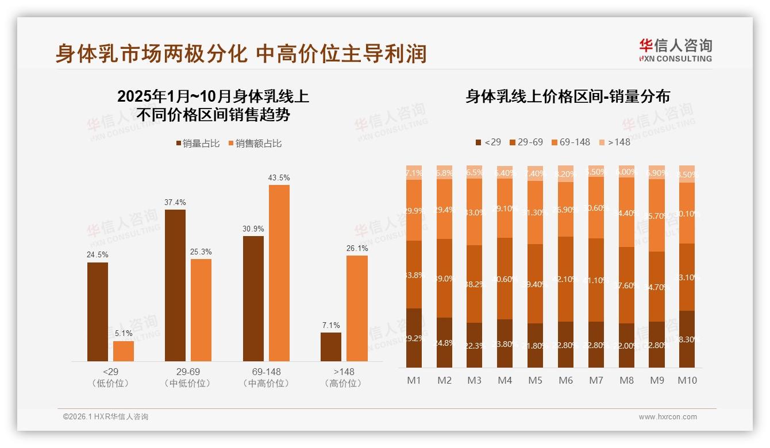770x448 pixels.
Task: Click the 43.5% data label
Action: (279, 178)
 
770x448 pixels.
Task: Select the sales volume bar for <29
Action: (98, 311)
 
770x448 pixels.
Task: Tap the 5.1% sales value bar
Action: (124, 351)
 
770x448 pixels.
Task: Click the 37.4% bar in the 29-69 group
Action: (175, 285)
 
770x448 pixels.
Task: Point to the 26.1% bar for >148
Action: (357, 308)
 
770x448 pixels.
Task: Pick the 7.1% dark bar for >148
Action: (331, 347)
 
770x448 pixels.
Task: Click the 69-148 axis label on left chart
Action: (266, 372)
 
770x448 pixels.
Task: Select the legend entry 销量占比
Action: (198, 144)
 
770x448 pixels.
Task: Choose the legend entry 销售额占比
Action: (255, 144)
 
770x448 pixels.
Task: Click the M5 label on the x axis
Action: (535, 380)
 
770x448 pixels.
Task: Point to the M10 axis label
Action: (687, 380)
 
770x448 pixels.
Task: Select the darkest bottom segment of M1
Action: (414, 338)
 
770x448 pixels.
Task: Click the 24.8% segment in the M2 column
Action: (444, 342)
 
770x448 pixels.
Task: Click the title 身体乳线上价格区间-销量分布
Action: (568, 96)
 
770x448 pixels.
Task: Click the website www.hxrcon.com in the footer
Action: (668, 417)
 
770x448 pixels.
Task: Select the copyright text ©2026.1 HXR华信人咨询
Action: (106, 417)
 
